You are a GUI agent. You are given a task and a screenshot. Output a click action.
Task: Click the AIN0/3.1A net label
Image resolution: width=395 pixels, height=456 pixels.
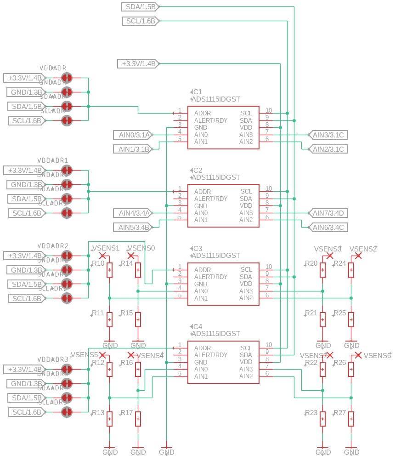coord(133,135)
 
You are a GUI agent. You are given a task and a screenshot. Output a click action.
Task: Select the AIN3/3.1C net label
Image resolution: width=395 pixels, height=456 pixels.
coord(328,135)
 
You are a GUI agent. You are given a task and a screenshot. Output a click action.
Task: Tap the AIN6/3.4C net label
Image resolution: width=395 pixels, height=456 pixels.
coord(328,227)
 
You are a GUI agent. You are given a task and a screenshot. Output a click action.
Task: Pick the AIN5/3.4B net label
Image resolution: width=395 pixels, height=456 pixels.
coord(133,227)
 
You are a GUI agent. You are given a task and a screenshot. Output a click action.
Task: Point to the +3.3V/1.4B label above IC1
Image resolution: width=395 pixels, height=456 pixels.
coord(138,63)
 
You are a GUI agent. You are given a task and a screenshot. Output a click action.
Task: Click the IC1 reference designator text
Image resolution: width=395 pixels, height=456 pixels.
coord(197,92)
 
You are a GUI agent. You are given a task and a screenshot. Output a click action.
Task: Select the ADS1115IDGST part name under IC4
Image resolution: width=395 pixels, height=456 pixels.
coord(215,334)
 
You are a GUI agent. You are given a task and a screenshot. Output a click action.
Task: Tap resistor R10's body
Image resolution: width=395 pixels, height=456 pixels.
coord(109,270)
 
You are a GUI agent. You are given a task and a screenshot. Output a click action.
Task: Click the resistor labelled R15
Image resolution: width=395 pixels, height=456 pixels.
coord(138,319)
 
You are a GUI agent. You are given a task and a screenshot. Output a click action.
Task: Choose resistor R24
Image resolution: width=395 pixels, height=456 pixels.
coord(351,270)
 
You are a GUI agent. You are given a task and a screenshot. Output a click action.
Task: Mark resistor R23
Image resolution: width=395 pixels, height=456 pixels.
coord(323,418)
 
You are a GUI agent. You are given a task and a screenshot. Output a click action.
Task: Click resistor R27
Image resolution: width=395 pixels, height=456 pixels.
coord(351,418)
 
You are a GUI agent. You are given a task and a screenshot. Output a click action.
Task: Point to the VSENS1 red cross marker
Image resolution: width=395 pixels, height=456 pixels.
coord(102,255)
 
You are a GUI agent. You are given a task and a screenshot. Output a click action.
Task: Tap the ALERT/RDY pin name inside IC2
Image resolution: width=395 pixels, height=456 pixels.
coord(211,199)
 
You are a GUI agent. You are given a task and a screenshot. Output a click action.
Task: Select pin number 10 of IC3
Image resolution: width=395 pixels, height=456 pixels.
coord(269,267)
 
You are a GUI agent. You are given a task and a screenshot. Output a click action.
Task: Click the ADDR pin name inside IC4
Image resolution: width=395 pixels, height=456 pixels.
coord(203,348)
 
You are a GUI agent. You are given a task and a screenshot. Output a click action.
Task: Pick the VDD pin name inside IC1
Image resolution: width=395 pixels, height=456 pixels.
coord(246,127)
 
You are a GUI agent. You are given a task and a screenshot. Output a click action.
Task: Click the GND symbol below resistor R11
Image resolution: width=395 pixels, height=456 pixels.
coord(110,344)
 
